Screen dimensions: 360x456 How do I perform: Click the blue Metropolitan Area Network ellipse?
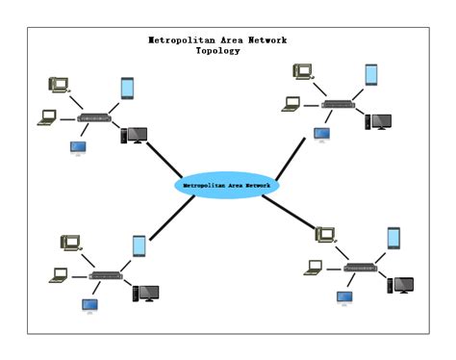click(227, 185)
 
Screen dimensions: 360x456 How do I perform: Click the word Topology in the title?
click(217, 51)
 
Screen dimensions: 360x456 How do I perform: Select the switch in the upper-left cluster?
click(94, 118)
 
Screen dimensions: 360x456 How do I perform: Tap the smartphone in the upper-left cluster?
click(127, 88)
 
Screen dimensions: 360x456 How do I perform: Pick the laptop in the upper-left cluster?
click(47, 118)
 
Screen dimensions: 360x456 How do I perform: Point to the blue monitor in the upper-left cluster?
click(78, 148)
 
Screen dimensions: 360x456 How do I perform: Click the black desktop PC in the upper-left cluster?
click(132, 136)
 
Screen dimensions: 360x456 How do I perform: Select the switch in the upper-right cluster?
click(338, 104)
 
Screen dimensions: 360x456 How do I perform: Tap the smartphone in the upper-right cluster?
click(370, 75)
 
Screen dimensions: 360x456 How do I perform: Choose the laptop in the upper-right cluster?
click(291, 104)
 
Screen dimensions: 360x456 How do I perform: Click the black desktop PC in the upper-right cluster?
click(377, 122)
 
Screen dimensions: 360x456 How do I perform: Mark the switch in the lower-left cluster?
click(106, 275)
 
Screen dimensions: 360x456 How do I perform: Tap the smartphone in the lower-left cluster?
click(139, 245)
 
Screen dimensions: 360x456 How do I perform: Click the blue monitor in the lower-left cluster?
click(89, 306)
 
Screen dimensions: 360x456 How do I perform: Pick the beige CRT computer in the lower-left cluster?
click(70, 243)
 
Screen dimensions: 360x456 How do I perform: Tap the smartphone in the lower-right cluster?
click(393, 238)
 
